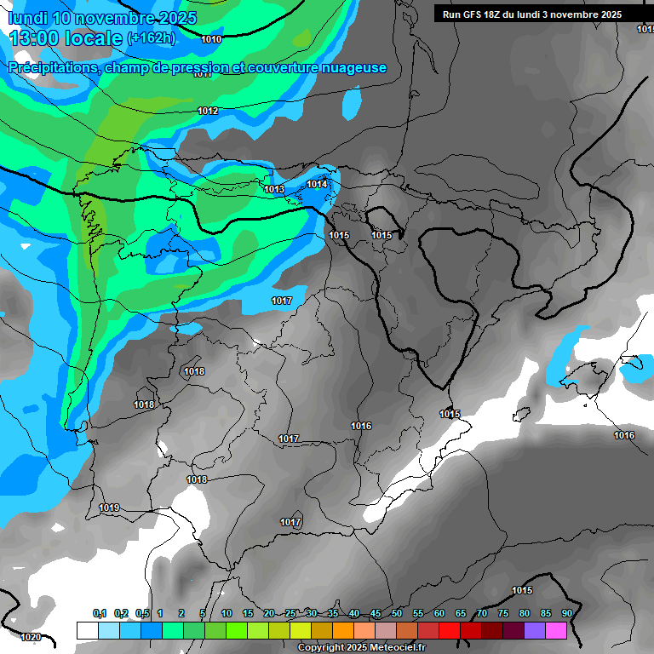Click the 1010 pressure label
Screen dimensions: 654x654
(x=211, y=39)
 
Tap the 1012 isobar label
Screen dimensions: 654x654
(x=208, y=112)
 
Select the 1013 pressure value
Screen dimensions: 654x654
(x=274, y=189)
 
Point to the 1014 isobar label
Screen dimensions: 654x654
(x=318, y=184)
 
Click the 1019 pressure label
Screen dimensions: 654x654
(x=109, y=508)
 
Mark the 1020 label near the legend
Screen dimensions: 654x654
(x=30, y=637)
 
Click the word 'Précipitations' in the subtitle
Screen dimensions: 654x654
(x=53, y=68)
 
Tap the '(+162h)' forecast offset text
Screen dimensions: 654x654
(x=151, y=38)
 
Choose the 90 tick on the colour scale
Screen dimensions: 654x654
(x=566, y=613)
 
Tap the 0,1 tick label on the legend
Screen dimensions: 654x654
(x=99, y=613)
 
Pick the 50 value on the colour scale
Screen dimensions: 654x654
(x=397, y=613)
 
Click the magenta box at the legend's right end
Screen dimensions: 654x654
(x=556, y=630)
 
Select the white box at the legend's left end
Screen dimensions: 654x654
(x=87, y=630)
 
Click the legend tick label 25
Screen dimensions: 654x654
(x=290, y=613)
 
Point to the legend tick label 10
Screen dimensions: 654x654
(x=227, y=613)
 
